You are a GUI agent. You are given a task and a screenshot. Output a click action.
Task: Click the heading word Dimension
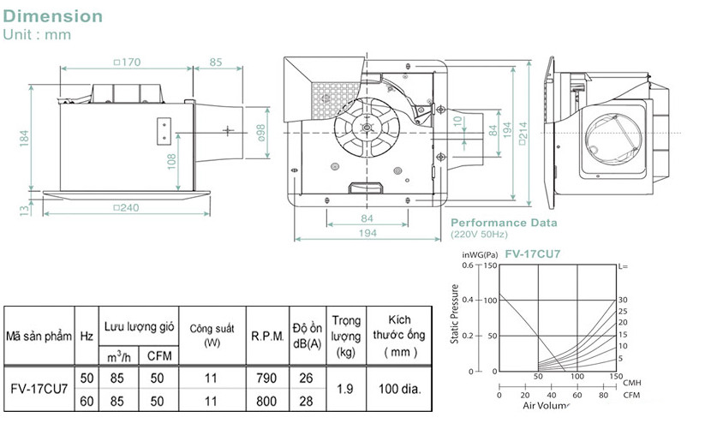pos(52,16)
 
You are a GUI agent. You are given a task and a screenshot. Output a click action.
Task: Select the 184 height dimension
pos(24,136)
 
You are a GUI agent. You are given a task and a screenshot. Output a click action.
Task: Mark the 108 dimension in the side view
pos(172,158)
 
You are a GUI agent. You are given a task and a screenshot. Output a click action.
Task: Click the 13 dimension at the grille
pos(24,207)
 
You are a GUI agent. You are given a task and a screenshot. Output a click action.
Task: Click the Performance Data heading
pos(504,223)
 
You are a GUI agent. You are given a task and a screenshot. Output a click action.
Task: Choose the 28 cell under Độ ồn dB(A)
pos(306,401)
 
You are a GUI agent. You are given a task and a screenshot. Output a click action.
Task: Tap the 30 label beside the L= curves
pos(623,301)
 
